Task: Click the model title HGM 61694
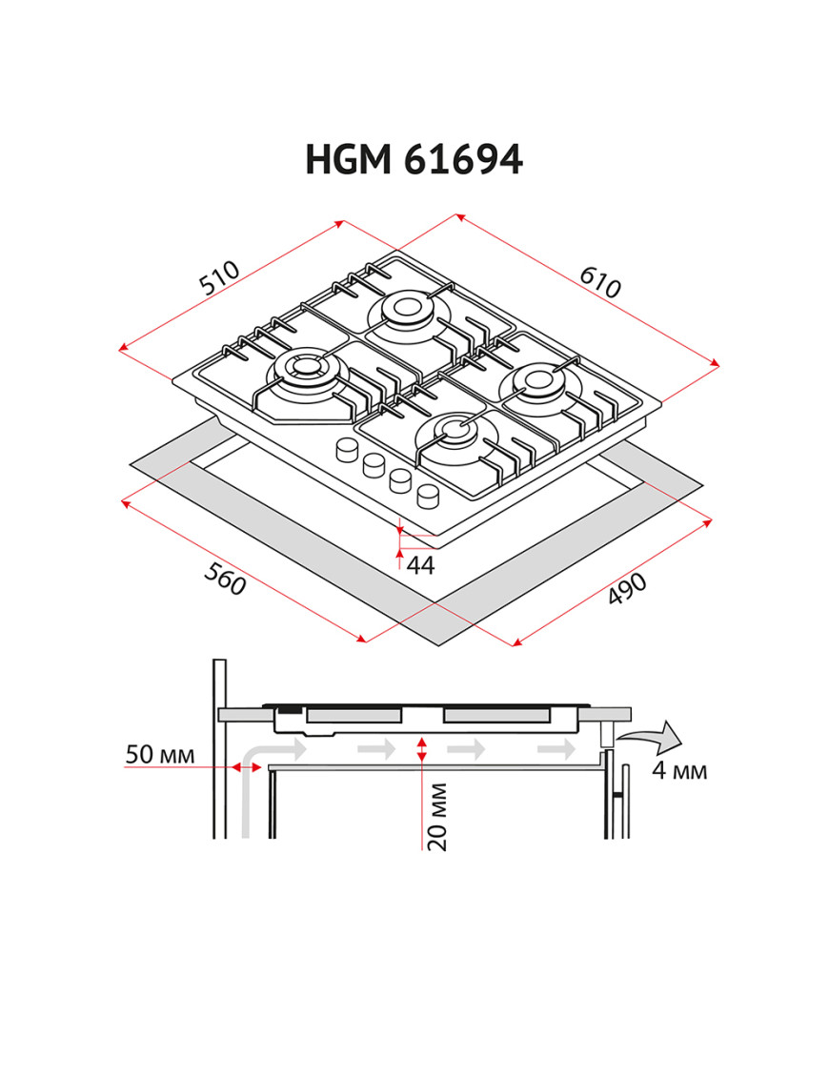tap(414, 160)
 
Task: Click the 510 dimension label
tap(218, 277)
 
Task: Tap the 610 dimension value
tap(600, 281)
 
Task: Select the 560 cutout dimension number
tap(225, 580)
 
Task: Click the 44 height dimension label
tap(420, 565)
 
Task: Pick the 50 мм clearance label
tap(160, 755)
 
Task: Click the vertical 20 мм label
tap(436, 816)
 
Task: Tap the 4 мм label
tap(679, 770)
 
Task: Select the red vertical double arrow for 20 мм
tap(422, 749)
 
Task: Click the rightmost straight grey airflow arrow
tap(556, 750)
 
